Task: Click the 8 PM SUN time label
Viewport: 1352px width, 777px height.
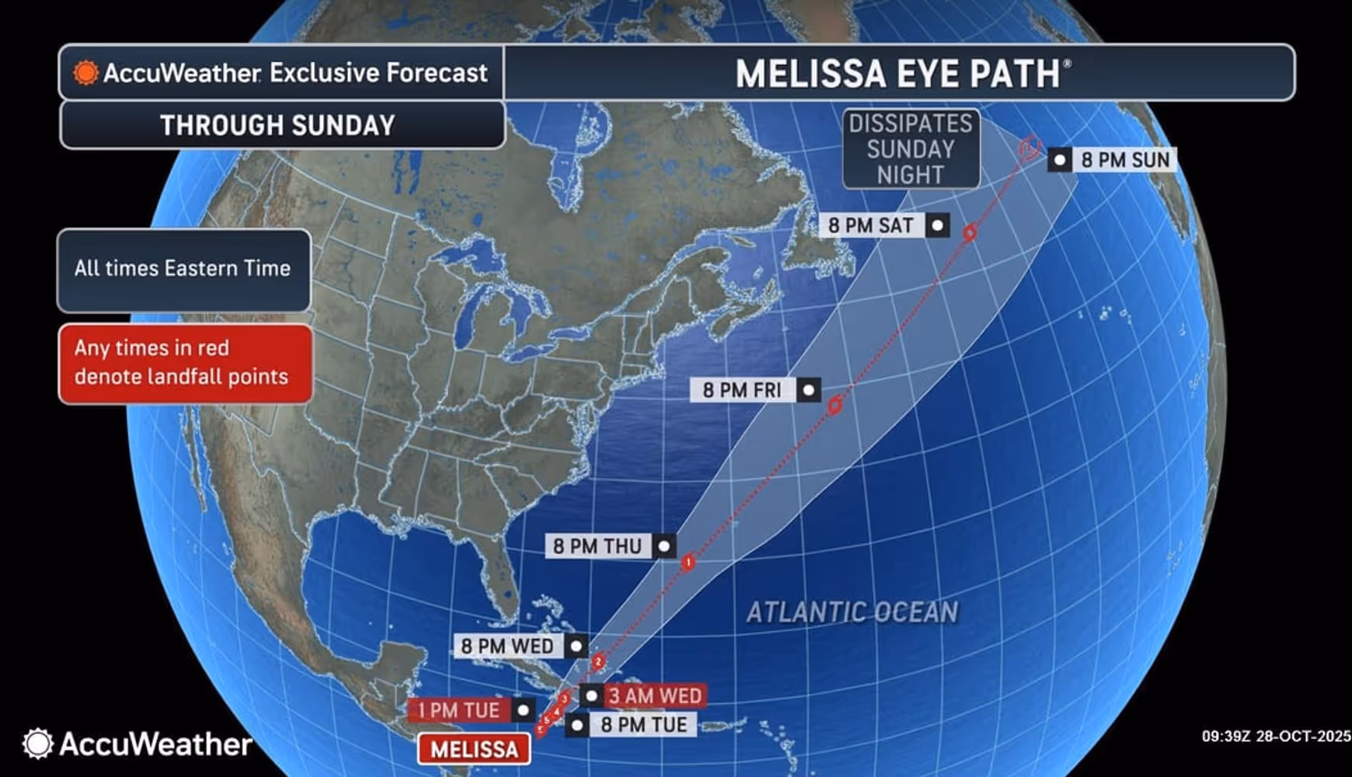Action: point(1124,160)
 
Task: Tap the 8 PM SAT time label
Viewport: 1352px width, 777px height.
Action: point(871,225)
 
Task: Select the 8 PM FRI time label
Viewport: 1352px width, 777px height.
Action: point(742,390)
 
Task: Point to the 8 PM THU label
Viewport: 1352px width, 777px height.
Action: point(597,546)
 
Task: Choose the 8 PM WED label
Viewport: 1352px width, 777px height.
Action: point(507,646)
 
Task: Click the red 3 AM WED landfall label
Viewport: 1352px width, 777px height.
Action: point(655,695)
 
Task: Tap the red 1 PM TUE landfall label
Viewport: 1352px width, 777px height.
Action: point(458,710)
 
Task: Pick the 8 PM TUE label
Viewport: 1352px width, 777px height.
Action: point(643,725)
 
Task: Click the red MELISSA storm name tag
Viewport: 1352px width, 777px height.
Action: point(474,749)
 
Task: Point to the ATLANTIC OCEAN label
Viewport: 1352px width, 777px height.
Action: point(852,612)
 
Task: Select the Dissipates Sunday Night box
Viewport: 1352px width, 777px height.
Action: point(911,148)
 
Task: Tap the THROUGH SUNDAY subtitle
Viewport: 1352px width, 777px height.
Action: point(278,125)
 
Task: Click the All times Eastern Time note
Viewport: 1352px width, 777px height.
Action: point(183,269)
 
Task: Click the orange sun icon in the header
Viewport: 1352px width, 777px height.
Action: point(85,73)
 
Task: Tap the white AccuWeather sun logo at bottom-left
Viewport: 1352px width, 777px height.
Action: point(37,744)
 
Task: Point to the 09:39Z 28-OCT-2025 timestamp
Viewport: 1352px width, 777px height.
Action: point(1275,736)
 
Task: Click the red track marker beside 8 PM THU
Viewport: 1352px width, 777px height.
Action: point(688,562)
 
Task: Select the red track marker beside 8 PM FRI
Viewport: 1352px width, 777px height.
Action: point(835,405)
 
